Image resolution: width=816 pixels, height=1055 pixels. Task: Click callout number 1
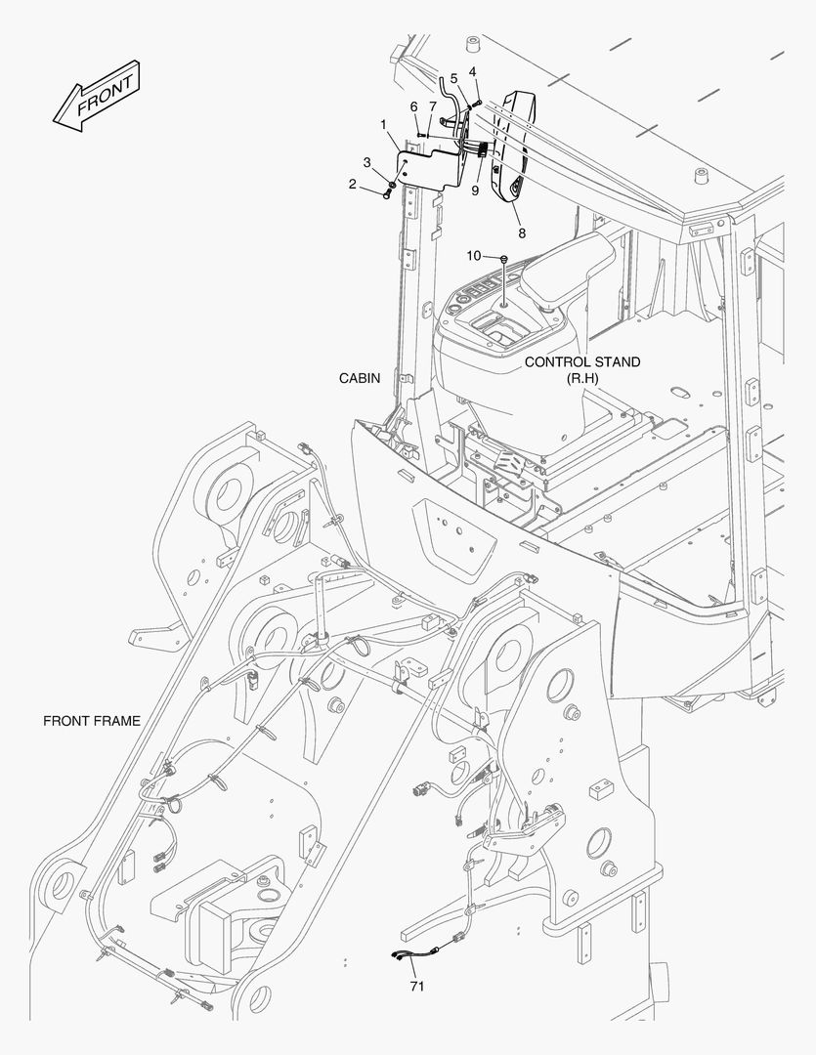[x=384, y=125]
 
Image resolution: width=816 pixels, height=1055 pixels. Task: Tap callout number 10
[x=473, y=256]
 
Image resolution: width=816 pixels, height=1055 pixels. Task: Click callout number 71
[x=416, y=987]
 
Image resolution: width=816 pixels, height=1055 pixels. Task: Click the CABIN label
[x=360, y=378]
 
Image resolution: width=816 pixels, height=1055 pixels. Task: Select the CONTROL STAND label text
[x=582, y=362]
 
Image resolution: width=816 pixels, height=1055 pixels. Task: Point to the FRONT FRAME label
[x=92, y=721]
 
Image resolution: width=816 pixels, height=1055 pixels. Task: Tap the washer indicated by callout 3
[x=392, y=184]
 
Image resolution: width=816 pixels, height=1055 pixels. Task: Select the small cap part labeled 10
[x=503, y=258]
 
